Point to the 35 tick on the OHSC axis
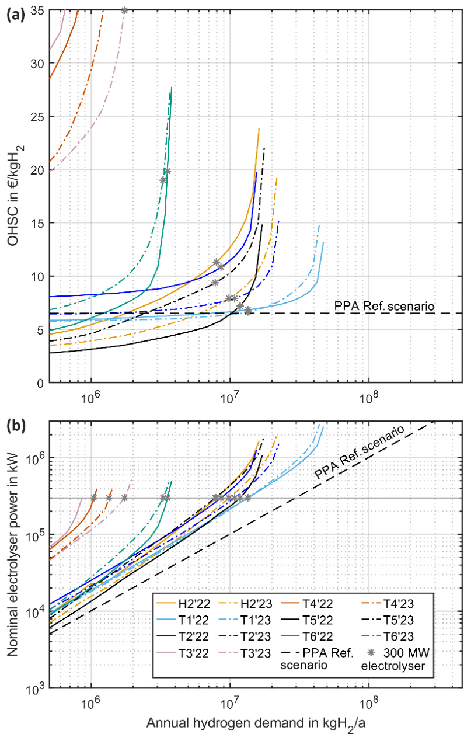[x=38, y=10]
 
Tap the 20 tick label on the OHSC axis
[x=38, y=170]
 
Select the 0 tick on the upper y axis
[x=41, y=383]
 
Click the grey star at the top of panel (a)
[x=124, y=10]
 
